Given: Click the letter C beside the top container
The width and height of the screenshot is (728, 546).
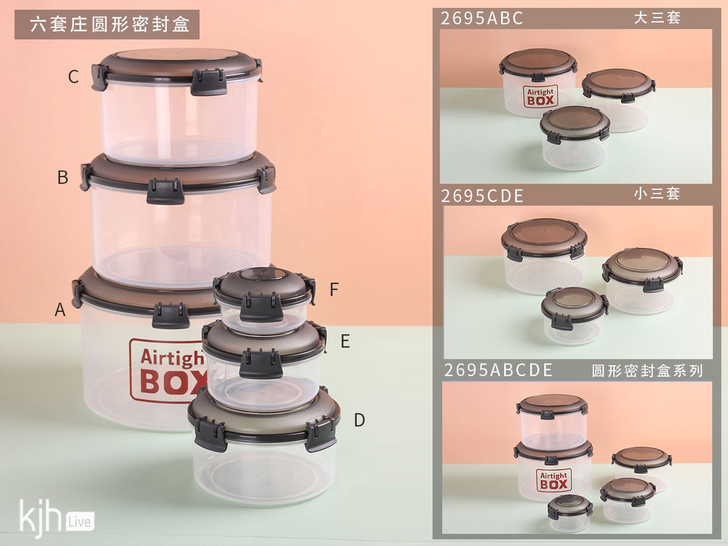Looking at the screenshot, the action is (73, 76).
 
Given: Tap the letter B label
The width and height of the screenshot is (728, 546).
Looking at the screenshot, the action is (62, 177).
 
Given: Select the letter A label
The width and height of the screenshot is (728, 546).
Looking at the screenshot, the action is (60, 309).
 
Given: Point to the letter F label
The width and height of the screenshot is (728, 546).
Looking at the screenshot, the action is (334, 289).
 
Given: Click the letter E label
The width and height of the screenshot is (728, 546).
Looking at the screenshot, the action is (345, 341).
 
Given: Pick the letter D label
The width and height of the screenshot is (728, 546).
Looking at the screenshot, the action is (360, 420).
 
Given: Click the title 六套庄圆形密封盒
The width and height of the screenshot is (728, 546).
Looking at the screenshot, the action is (110, 24).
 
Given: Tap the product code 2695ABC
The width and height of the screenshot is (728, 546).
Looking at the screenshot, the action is (482, 18).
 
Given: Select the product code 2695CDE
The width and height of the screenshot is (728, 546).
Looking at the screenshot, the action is (482, 196).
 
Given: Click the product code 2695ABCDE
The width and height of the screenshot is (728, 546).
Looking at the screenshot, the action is (498, 370).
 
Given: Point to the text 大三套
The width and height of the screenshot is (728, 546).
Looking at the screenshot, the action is (657, 18).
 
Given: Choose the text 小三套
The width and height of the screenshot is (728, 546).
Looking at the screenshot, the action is (656, 194).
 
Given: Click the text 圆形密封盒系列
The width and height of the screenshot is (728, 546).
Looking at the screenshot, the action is (647, 371).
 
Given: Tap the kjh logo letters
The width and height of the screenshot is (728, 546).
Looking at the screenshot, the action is (41, 517).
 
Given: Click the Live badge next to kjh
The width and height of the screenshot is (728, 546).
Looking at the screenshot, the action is (80, 522).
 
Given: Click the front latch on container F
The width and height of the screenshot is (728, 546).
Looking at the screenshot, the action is (261, 308).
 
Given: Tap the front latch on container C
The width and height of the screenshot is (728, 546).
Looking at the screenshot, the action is (209, 83).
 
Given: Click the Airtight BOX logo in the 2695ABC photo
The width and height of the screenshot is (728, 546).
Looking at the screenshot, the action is (541, 96).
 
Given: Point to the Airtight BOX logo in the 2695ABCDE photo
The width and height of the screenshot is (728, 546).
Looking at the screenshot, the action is (554, 480).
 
